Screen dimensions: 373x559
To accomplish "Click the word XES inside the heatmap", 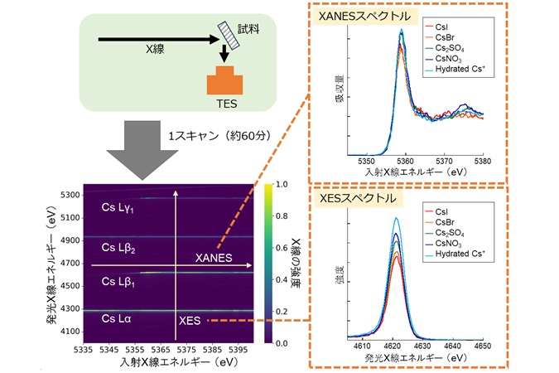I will coord(188,319).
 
